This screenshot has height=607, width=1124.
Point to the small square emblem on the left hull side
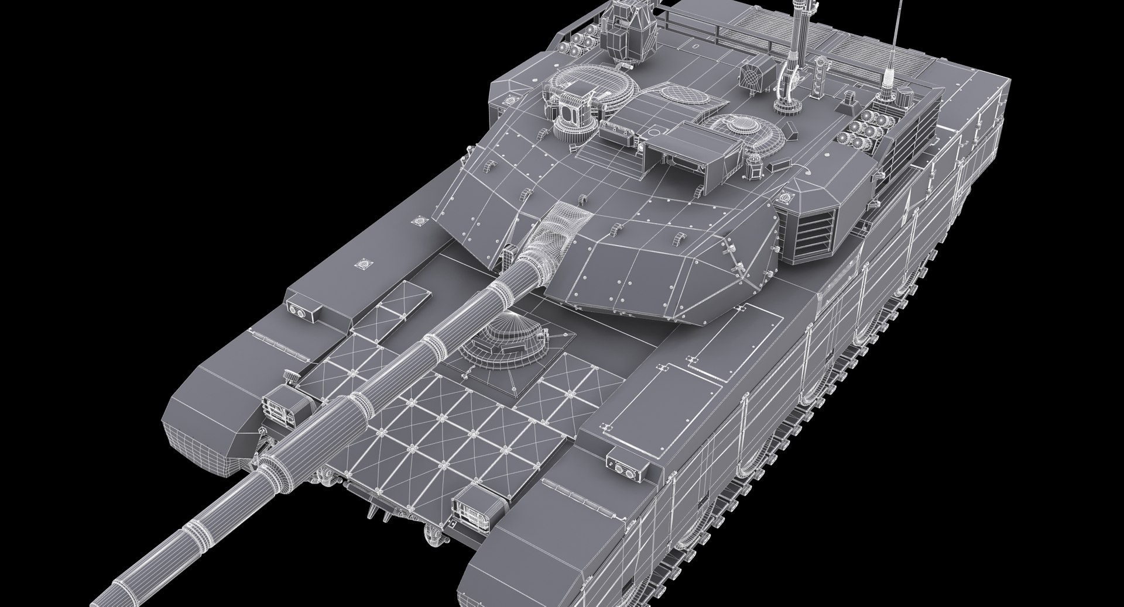(x=364, y=264)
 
